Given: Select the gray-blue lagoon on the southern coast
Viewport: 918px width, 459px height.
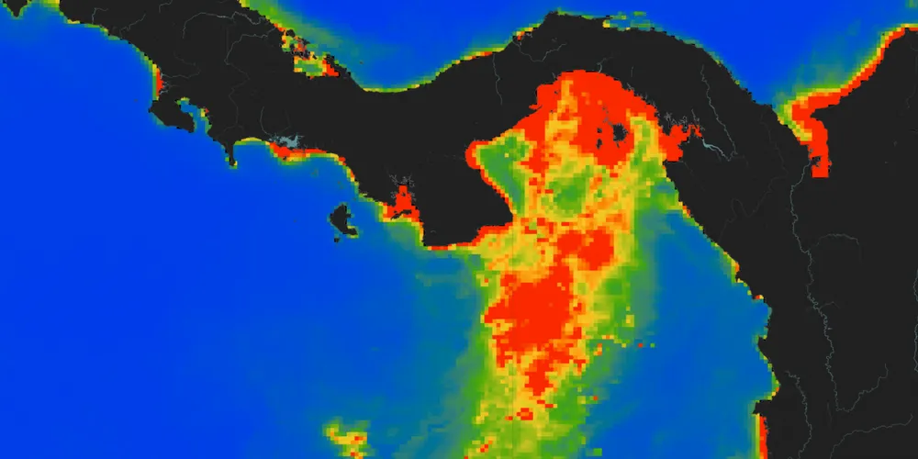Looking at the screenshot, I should (289, 142).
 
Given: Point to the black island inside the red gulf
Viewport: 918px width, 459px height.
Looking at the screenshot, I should (617, 135).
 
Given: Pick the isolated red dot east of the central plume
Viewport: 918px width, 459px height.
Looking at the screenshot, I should (639, 346).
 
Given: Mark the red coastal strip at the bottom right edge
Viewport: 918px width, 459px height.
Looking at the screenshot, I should (761, 436).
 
